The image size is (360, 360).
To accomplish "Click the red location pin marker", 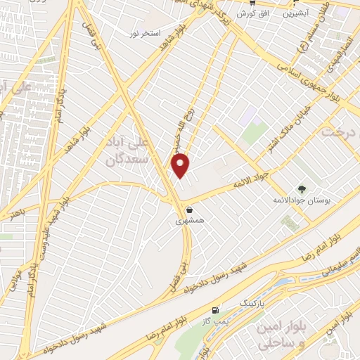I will (181, 165).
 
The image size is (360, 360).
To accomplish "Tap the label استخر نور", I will (145, 34).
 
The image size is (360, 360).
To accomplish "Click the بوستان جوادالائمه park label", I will (301, 200).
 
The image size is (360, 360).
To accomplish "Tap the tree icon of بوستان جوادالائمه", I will (302, 189).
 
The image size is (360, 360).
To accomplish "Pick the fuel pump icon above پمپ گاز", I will (214, 310).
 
